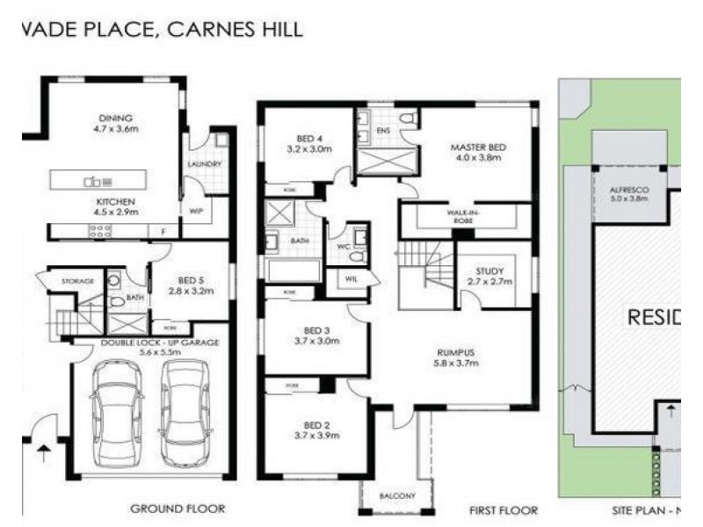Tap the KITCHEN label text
pos(115,201)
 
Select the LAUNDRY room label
pos(205,164)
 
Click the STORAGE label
pos(77,280)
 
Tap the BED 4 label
pos(308,138)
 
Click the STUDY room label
pos(489,271)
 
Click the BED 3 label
pos(309,330)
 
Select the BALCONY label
pos(397,497)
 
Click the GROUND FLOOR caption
pos(178,509)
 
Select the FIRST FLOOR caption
pos(504,509)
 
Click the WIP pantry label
pos(196,211)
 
